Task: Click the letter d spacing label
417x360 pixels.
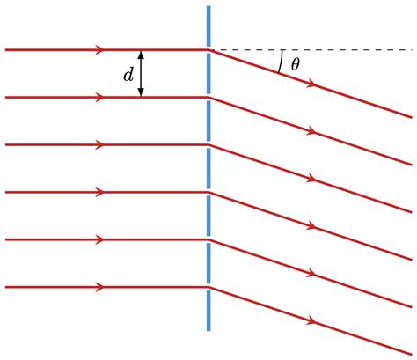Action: click(x=128, y=76)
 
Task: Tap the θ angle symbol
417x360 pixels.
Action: click(x=296, y=64)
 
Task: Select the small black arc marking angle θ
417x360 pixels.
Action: click(x=281, y=61)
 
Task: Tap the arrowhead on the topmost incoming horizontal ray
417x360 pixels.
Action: click(x=99, y=50)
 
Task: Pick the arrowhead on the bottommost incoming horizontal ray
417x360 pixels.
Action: click(x=99, y=287)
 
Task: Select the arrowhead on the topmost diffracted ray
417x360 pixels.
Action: click(x=312, y=84)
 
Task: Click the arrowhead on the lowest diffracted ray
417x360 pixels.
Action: click(x=312, y=321)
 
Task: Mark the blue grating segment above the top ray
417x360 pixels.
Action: click(x=208, y=26)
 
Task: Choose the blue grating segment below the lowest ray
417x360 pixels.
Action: click(x=208, y=310)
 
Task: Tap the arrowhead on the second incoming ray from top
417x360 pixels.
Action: click(x=99, y=98)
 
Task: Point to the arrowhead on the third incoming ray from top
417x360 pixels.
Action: click(x=99, y=145)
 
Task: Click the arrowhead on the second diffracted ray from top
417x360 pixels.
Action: click(x=312, y=132)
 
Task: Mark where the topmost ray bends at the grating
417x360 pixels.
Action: click(x=208, y=50)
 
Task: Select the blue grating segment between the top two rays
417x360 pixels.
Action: click(x=208, y=74)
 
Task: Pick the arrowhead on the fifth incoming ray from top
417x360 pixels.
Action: click(x=99, y=239)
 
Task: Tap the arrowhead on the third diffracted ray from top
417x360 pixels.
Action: click(x=312, y=180)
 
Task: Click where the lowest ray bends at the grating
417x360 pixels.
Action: click(x=208, y=287)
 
